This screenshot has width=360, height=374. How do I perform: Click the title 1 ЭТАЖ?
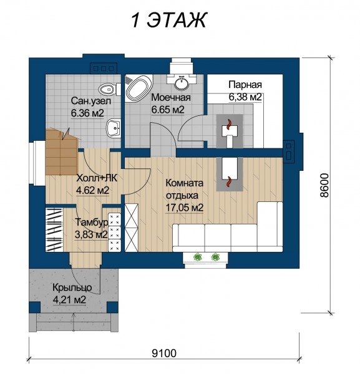pyautogui.click(x=168, y=20)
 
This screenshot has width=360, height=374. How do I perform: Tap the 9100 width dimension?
pyautogui.click(x=164, y=353)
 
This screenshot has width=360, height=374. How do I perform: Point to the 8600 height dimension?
pyautogui.click(x=324, y=185)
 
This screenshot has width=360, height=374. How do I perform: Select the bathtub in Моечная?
pyautogui.click(x=139, y=88)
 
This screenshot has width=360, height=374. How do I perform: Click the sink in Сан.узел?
pyautogui.click(x=113, y=128)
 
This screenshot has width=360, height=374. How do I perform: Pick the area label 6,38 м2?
pyautogui.click(x=245, y=97)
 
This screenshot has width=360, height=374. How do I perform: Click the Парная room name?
pyautogui.click(x=245, y=85)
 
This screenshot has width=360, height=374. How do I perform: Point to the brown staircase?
pyautogui.click(x=62, y=153)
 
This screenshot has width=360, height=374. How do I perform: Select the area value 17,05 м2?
pyautogui.click(x=184, y=208)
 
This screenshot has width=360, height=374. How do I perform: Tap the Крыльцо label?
pyautogui.click(x=72, y=287)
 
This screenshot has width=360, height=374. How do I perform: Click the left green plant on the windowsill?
pyautogui.click(x=198, y=257)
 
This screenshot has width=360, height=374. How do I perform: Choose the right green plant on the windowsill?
pyautogui.click(x=215, y=257)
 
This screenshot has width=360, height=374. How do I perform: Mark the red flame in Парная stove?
pyautogui.click(x=229, y=125)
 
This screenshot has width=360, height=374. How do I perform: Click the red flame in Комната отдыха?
pyautogui.click(x=229, y=181)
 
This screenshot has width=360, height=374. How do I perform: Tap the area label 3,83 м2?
pyautogui.click(x=91, y=235)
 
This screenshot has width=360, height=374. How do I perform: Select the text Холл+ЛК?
pyautogui.click(x=97, y=178)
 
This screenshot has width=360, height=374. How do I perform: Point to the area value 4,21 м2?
pyautogui.click(x=69, y=300)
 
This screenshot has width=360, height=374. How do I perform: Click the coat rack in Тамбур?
pyautogui.click(x=54, y=229)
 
